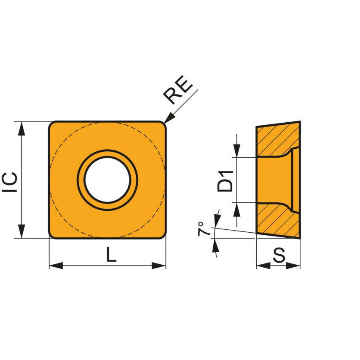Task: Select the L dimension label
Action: point(110,255)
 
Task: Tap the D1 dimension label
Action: point(226,180)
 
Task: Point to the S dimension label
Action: point(279,255)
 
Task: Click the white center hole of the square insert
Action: point(107,180)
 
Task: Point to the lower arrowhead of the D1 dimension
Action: point(237,209)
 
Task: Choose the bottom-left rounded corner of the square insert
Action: point(53,235)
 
